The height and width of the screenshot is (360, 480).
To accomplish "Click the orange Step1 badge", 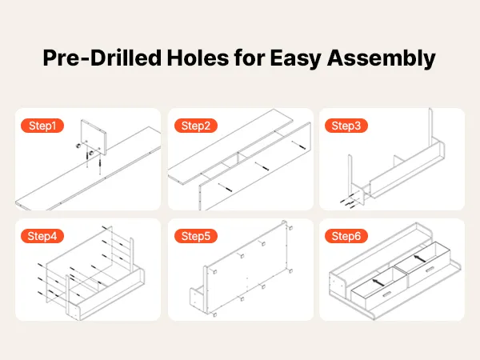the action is click(42, 126).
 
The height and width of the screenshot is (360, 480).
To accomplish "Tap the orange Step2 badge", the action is click(196, 126).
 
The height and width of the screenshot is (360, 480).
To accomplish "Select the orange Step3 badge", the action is click(346, 126).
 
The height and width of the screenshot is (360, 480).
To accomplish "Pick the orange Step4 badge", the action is click(42, 236).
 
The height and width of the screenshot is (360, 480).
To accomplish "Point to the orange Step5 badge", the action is click(196, 236).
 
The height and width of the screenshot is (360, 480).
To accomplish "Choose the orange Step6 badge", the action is click(346, 236).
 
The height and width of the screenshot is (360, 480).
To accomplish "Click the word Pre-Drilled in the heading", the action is click(102, 58).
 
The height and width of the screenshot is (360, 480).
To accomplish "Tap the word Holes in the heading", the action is click(198, 58).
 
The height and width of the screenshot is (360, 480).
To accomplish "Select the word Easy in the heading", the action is click(295, 58).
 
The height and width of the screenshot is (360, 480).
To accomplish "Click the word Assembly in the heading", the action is click(381, 58).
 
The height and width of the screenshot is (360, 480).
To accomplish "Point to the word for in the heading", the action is click(249, 58).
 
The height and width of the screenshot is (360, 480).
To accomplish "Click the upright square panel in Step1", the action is click(94, 137).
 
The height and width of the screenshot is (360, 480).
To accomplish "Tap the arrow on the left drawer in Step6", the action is click(378, 282).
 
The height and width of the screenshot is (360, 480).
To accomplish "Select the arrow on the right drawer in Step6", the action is click(419, 258).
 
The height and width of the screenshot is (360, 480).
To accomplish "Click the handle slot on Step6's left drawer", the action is click(386, 294).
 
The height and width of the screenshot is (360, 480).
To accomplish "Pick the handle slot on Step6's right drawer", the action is click(430, 270).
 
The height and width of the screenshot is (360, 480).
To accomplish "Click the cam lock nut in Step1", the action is click(78, 146).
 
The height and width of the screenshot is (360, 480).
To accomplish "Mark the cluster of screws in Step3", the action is click(348, 201).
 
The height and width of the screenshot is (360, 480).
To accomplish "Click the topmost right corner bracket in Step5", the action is click(290, 228).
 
